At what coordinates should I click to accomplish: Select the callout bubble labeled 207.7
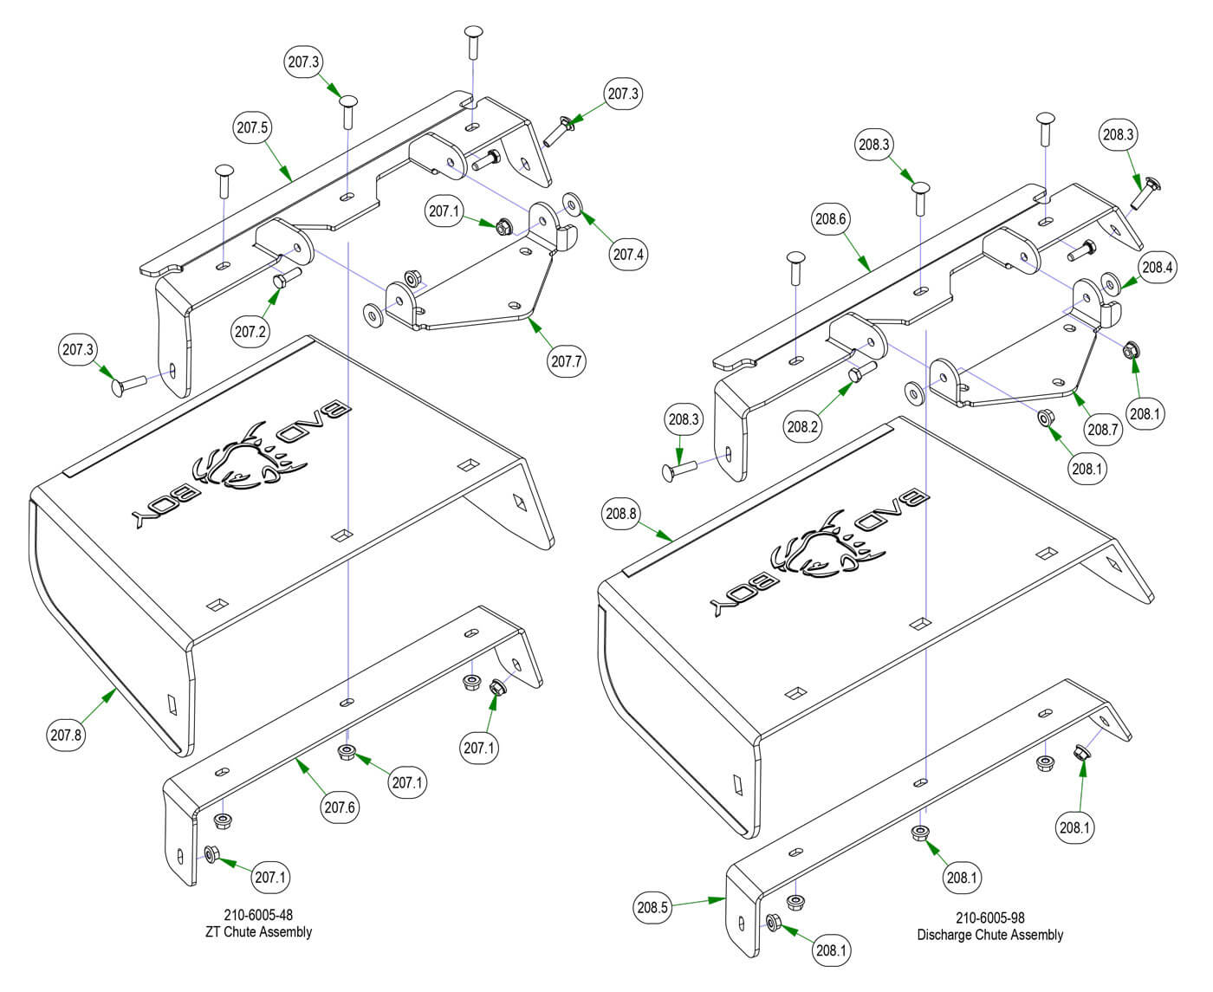[x=567, y=360]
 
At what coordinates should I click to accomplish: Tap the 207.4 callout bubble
[x=630, y=255]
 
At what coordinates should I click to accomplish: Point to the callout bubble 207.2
[x=250, y=331]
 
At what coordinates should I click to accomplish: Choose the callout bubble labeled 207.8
[x=66, y=736]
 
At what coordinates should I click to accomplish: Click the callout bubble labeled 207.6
[x=340, y=807]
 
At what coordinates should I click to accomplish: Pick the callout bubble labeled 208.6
[x=830, y=220]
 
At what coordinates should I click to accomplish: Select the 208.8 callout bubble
[x=621, y=514]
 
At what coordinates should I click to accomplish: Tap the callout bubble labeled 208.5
[x=652, y=907]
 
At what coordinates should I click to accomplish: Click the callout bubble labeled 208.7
[x=1104, y=428]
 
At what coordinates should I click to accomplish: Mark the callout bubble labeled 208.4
[x=1157, y=268]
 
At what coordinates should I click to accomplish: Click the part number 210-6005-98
[x=990, y=917]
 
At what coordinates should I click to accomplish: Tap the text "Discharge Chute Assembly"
[x=990, y=935]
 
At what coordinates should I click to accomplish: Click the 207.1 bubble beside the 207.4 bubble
[x=444, y=211]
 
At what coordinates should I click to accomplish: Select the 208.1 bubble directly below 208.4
[x=1145, y=413]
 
